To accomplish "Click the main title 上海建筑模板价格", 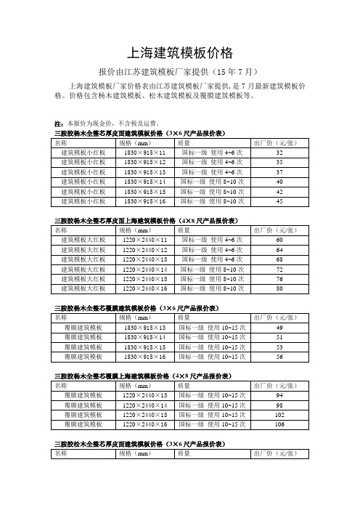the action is tap(179, 53).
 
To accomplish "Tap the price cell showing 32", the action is tap(279, 153).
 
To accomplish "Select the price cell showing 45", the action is tap(279, 201).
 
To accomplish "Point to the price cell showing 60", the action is tap(279, 239).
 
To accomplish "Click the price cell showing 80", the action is tap(279, 288).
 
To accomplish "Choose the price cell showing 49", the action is tap(279, 328).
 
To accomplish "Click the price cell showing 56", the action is tap(279, 357).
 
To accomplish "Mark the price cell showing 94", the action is tap(279, 394).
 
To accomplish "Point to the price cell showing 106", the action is tap(279, 424).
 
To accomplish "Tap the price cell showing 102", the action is tap(279, 414).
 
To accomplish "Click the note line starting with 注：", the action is tap(102, 124).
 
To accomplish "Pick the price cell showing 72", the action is tap(279, 269).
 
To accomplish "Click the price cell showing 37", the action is tap(279, 172).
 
